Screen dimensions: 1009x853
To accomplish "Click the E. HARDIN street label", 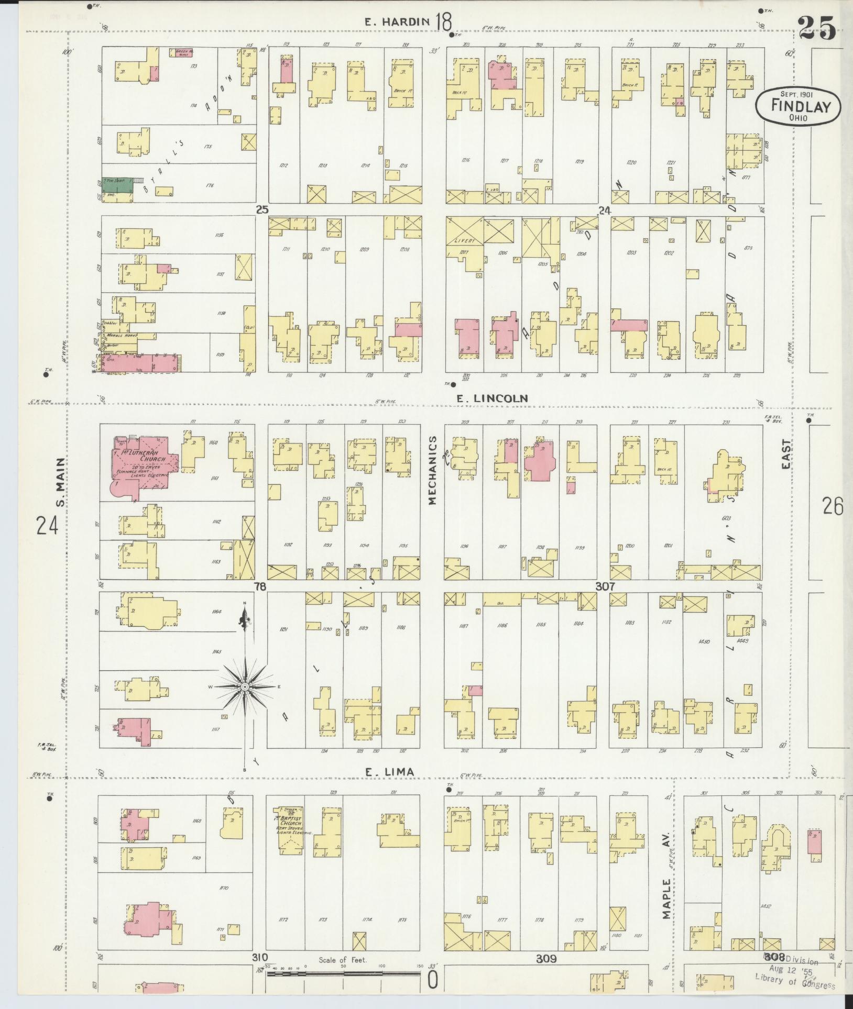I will pos(397,22).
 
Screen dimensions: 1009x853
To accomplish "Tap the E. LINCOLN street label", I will pos(491,398).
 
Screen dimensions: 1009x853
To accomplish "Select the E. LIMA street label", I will pos(389,771).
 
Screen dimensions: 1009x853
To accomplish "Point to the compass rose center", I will pos(244,686).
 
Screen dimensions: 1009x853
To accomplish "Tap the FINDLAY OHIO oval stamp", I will pos(797,106).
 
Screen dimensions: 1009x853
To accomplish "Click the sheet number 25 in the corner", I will pos(817,29).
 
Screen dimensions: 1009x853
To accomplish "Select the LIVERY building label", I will pos(465,241).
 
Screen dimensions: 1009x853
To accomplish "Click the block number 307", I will pos(605,587).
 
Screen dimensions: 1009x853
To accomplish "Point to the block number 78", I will pos(260,587).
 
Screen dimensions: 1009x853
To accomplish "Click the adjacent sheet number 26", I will pos(833,507).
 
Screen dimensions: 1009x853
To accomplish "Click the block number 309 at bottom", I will pos(546,959).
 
